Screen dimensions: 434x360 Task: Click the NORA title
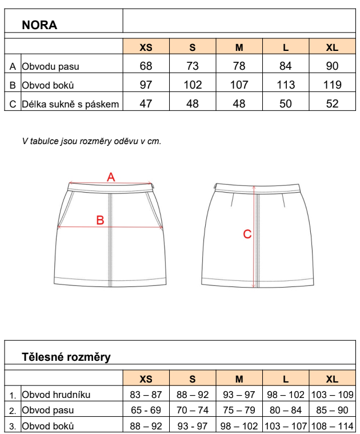pyautogui.click(x=39, y=25)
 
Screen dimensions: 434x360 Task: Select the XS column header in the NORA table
pyautogui.click(x=146, y=47)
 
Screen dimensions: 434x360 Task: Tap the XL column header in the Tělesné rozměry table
pyautogui.click(x=332, y=379)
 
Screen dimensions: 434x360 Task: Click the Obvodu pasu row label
pyautogui.click(x=50, y=66)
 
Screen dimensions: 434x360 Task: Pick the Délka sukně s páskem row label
pyautogui.click(x=70, y=104)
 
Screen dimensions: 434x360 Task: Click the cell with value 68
pyautogui.click(x=146, y=66)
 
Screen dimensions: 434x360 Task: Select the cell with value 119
pyautogui.click(x=332, y=85)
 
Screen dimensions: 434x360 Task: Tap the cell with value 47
pyautogui.click(x=146, y=104)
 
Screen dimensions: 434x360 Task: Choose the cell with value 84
pyautogui.click(x=286, y=66)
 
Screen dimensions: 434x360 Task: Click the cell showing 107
pyautogui.click(x=239, y=85)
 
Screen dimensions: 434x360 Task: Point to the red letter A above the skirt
pyautogui.click(x=111, y=177)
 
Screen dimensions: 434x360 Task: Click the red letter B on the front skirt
pyautogui.click(x=99, y=220)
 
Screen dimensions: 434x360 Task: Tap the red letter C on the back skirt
pyautogui.click(x=247, y=234)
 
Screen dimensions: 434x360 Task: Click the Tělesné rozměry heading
pyautogui.click(x=66, y=357)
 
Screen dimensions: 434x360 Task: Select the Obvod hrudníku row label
pyautogui.click(x=56, y=395)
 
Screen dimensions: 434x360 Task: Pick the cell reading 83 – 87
pyautogui.click(x=146, y=395)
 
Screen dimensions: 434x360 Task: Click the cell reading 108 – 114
pyautogui.click(x=332, y=426)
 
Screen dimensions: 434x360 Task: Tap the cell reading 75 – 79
pyautogui.click(x=239, y=410)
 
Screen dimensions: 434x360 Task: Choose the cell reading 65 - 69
pyautogui.click(x=146, y=410)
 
